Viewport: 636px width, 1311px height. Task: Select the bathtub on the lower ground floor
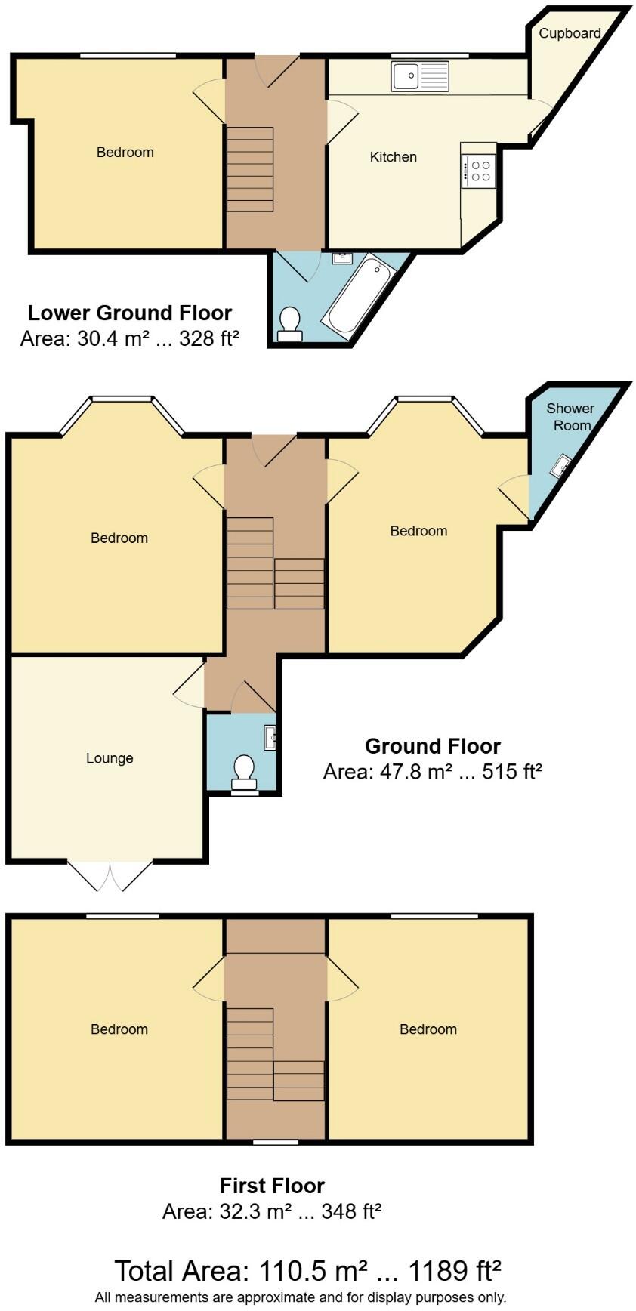[x=357, y=295]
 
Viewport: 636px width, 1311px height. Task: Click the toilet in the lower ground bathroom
[x=290, y=324]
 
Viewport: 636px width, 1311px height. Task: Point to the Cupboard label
[x=570, y=33]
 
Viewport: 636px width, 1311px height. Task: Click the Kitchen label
[x=393, y=157]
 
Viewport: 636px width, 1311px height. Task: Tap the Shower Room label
[x=571, y=416]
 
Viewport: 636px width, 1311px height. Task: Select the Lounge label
[x=110, y=758]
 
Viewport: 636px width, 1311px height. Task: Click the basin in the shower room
[x=561, y=465]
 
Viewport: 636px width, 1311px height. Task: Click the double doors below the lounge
[x=110, y=876]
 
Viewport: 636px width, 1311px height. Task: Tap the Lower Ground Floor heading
[x=130, y=313]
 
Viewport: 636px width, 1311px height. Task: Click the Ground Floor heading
[x=433, y=746]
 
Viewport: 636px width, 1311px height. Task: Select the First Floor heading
[x=272, y=1185]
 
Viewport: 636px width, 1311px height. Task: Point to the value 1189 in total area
[x=440, y=1271]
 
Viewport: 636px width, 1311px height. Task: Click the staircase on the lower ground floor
[x=250, y=169]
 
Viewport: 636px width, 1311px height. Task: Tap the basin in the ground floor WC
[x=270, y=737]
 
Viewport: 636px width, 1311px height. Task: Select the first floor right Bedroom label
[x=428, y=1029]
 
